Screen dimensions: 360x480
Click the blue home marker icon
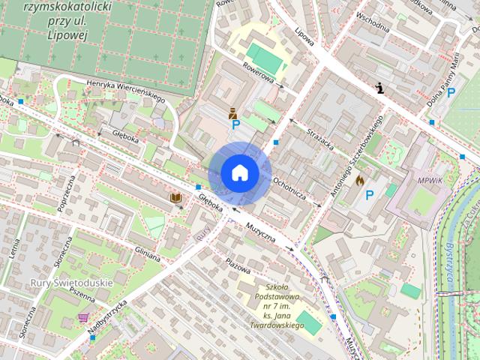239,173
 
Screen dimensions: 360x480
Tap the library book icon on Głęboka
176,197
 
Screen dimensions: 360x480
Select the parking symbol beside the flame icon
369,195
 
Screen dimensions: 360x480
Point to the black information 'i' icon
381,88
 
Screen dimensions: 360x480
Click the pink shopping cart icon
82,318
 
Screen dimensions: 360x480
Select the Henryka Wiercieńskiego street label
125,90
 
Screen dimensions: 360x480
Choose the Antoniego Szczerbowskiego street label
357,157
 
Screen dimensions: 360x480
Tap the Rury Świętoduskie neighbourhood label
71,283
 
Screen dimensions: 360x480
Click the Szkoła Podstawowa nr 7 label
277,306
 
